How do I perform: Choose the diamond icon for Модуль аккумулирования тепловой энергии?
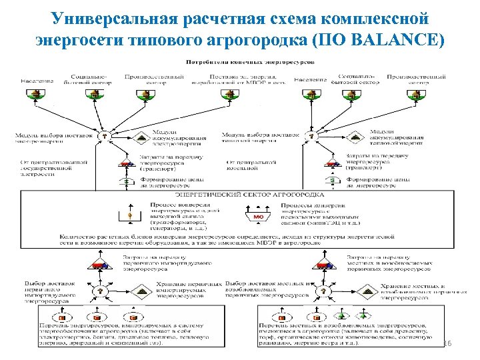tap(357, 136)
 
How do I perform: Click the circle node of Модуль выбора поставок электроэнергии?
tap(104, 135)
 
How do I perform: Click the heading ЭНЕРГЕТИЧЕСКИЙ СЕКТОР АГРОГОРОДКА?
tap(239, 193)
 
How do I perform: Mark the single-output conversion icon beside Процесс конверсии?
tap(131, 215)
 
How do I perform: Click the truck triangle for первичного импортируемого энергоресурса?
tap(101, 265)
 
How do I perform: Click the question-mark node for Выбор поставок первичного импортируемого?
tap(100, 291)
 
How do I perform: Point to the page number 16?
tap(447, 343)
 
